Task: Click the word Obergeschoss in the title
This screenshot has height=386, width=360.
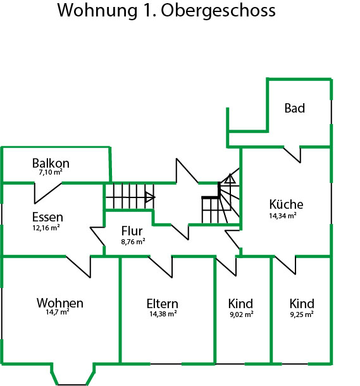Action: [x=218, y=11]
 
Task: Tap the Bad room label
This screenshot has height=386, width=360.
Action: [x=295, y=108]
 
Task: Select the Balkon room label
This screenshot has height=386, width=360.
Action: [x=51, y=163]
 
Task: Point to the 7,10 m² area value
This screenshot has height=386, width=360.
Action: [x=51, y=172]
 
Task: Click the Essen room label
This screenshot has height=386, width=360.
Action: [x=47, y=217]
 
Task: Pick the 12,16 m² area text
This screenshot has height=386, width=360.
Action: [x=46, y=228]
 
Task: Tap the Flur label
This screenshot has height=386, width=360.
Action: [x=132, y=231]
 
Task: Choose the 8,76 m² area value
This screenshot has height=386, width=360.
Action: [x=133, y=242]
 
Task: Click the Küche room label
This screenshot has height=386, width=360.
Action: [x=286, y=204]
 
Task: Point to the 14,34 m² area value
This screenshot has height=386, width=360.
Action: [x=283, y=216]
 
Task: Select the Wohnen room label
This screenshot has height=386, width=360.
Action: [x=60, y=303]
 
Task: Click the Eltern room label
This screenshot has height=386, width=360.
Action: [x=162, y=304]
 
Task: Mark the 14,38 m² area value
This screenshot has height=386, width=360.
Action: [x=163, y=314]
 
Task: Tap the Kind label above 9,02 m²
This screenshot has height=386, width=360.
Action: [x=240, y=304]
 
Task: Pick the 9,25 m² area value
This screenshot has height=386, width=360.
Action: [x=302, y=314]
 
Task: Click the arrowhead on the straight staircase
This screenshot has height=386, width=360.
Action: [x=150, y=197]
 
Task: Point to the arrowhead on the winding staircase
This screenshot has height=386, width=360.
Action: [x=230, y=178]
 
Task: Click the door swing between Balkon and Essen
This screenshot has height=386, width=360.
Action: [x=48, y=193]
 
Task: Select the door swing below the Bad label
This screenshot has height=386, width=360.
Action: [x=292, y=155]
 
